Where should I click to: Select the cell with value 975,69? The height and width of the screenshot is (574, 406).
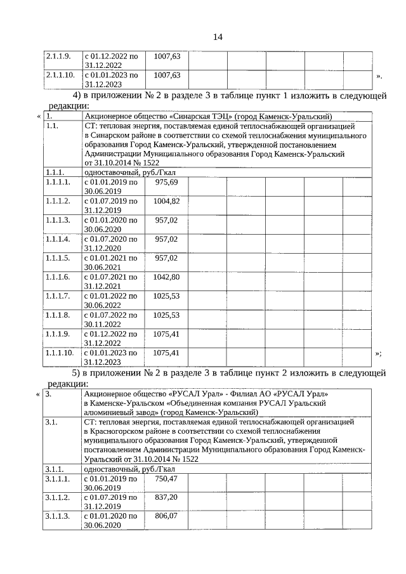tap(167, 182)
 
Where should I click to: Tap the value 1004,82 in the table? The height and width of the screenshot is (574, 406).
tap(167, 201)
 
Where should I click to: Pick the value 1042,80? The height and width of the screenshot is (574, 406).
tap(167, 277)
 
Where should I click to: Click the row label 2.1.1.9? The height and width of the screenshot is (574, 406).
tap(58, 56)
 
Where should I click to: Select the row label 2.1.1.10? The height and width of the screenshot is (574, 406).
tap(60, 75)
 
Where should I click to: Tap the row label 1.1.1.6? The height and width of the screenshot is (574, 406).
tap(58, 277)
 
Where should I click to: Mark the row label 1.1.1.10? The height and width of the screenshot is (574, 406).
tap(60, 352)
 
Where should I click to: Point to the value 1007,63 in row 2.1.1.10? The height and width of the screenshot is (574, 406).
tap(167, 75)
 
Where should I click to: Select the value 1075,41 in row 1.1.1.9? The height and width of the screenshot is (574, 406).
tap(167, 334)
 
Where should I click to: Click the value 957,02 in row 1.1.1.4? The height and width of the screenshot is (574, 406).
tap(167, 239)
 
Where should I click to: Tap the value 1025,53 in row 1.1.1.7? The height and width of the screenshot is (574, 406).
tap(167, 296)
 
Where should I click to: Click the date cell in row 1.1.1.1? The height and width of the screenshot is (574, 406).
tap(111, 186)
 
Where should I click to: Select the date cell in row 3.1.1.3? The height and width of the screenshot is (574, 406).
tap(111, 521)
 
